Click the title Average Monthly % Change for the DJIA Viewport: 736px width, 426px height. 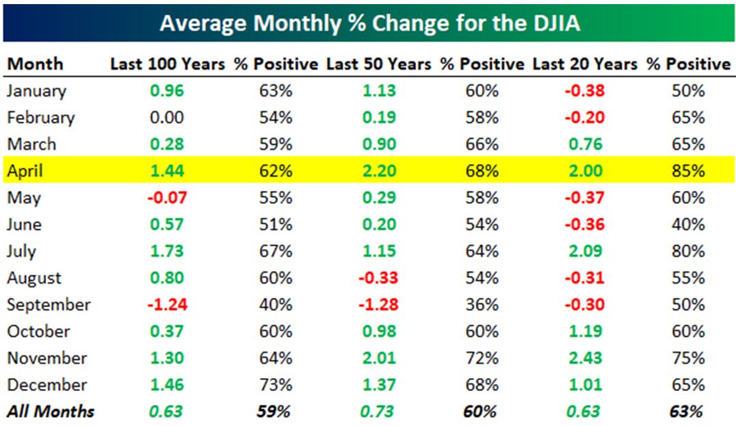(x=369, y=24)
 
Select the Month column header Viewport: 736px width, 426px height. (x=35, y=64)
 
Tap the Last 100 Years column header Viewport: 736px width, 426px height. (x=168, y=64)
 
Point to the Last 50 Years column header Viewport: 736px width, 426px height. (x=378, y=64)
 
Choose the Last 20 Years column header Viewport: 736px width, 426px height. (x=585, y=64)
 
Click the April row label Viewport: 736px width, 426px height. (x=25, y=171)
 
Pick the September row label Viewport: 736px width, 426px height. (x=49, y=305)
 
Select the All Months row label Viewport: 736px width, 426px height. (x=51, y=412)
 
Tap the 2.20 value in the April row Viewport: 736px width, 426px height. (x=379, y=171)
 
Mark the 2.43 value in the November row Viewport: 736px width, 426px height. (x=586, y=358)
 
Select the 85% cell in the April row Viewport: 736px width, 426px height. (x=687, y=171)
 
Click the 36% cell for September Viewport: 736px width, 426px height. (x=482, y=305)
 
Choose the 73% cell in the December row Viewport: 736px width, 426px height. (x=276, y=385)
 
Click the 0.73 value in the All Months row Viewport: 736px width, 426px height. (x=379, y=412)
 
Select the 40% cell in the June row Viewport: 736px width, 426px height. (x=687, y=225)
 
